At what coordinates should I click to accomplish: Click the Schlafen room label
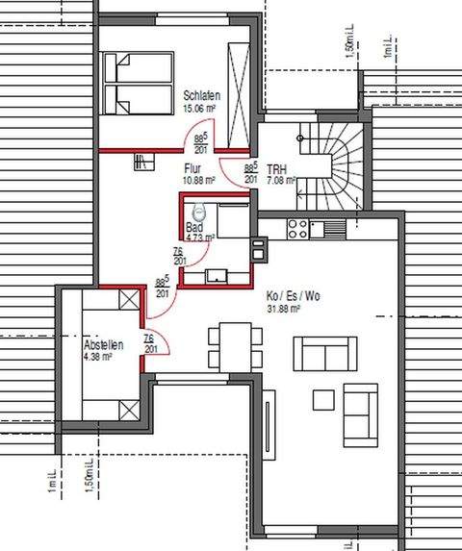203,96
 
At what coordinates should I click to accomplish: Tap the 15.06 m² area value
202,108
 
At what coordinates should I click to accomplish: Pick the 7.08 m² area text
280,180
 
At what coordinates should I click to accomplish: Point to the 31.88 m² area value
284,310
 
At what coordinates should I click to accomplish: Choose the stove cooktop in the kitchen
296,228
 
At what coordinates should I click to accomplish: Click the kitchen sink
333,228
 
